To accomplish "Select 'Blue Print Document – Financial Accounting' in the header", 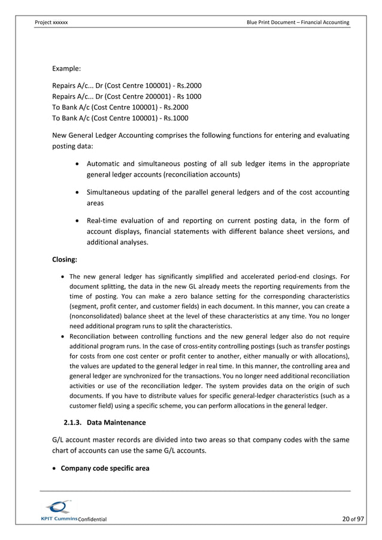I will [x=298, y=22].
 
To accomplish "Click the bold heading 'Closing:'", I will [x=68, y=261].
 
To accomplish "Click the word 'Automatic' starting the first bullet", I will [x=107, y=164].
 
